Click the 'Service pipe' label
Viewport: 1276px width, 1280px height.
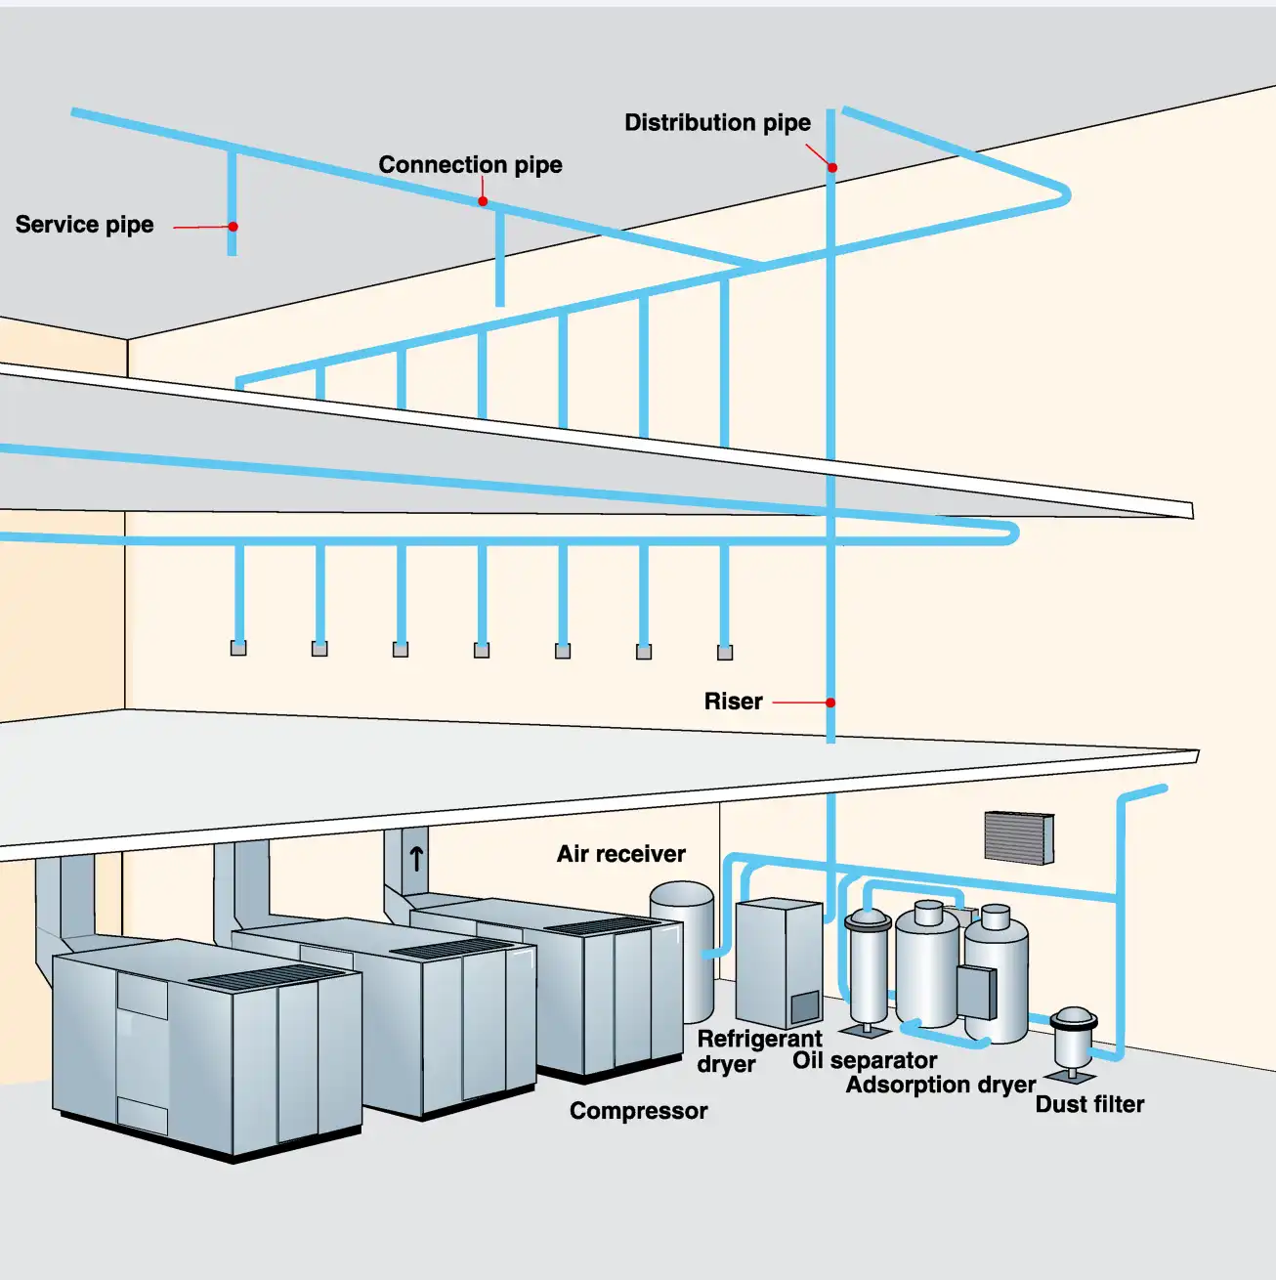coord(84,225)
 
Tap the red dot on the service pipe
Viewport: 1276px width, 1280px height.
coord(234,227)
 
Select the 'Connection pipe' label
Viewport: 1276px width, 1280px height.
coord(470,165)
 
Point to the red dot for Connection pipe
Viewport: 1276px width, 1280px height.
coord(483,201)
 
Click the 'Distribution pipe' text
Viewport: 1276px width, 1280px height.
coord(717,123)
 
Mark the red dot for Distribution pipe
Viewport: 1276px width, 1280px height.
coord(832,168)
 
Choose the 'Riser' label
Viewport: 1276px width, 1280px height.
coord(734,702)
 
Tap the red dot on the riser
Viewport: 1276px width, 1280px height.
coord(830,703)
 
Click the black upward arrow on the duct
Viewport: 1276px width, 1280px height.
coord(416,859)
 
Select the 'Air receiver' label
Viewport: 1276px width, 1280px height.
coord(621,854)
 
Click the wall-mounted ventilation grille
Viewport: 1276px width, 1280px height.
coord(1019,837)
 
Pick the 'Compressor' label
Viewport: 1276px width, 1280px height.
coord(638,1111)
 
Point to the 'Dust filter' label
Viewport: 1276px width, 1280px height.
coord(1089,1104)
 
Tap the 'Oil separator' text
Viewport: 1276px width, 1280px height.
coord(864,1060)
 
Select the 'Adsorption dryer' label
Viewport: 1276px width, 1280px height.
coord(941,1085)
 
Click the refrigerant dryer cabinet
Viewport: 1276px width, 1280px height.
coord(779,962)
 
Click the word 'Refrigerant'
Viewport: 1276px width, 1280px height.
coord(760,1039)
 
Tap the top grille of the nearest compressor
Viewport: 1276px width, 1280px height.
coord(267,976)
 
